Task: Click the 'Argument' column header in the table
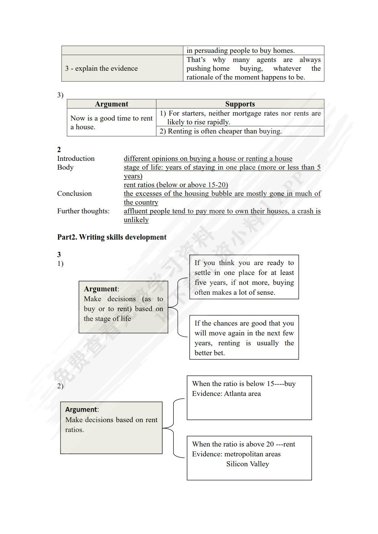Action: (112, 104)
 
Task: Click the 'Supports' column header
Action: (240, 104)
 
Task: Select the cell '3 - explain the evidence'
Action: (101, 68)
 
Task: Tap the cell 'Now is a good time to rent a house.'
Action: (111, 122)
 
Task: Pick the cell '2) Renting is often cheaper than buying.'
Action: (221, 131)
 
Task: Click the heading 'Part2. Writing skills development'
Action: (112, 237)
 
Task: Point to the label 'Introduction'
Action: (76, 159)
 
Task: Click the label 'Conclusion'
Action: (74, 194)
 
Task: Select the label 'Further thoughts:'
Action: (83, 211)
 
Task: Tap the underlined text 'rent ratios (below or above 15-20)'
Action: (175, 185)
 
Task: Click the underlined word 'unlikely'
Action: (136, 220)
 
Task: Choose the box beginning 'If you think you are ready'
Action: (244, 277)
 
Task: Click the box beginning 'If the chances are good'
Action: (244, 337)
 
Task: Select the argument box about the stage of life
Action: (123, 307)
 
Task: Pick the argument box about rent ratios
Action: (111, 428)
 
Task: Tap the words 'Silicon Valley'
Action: (247, 464)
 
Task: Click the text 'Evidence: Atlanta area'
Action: (226, 394)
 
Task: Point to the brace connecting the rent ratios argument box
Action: (174, 428)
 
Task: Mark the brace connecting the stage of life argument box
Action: (178, 307)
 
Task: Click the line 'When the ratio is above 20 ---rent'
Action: (243, 444)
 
